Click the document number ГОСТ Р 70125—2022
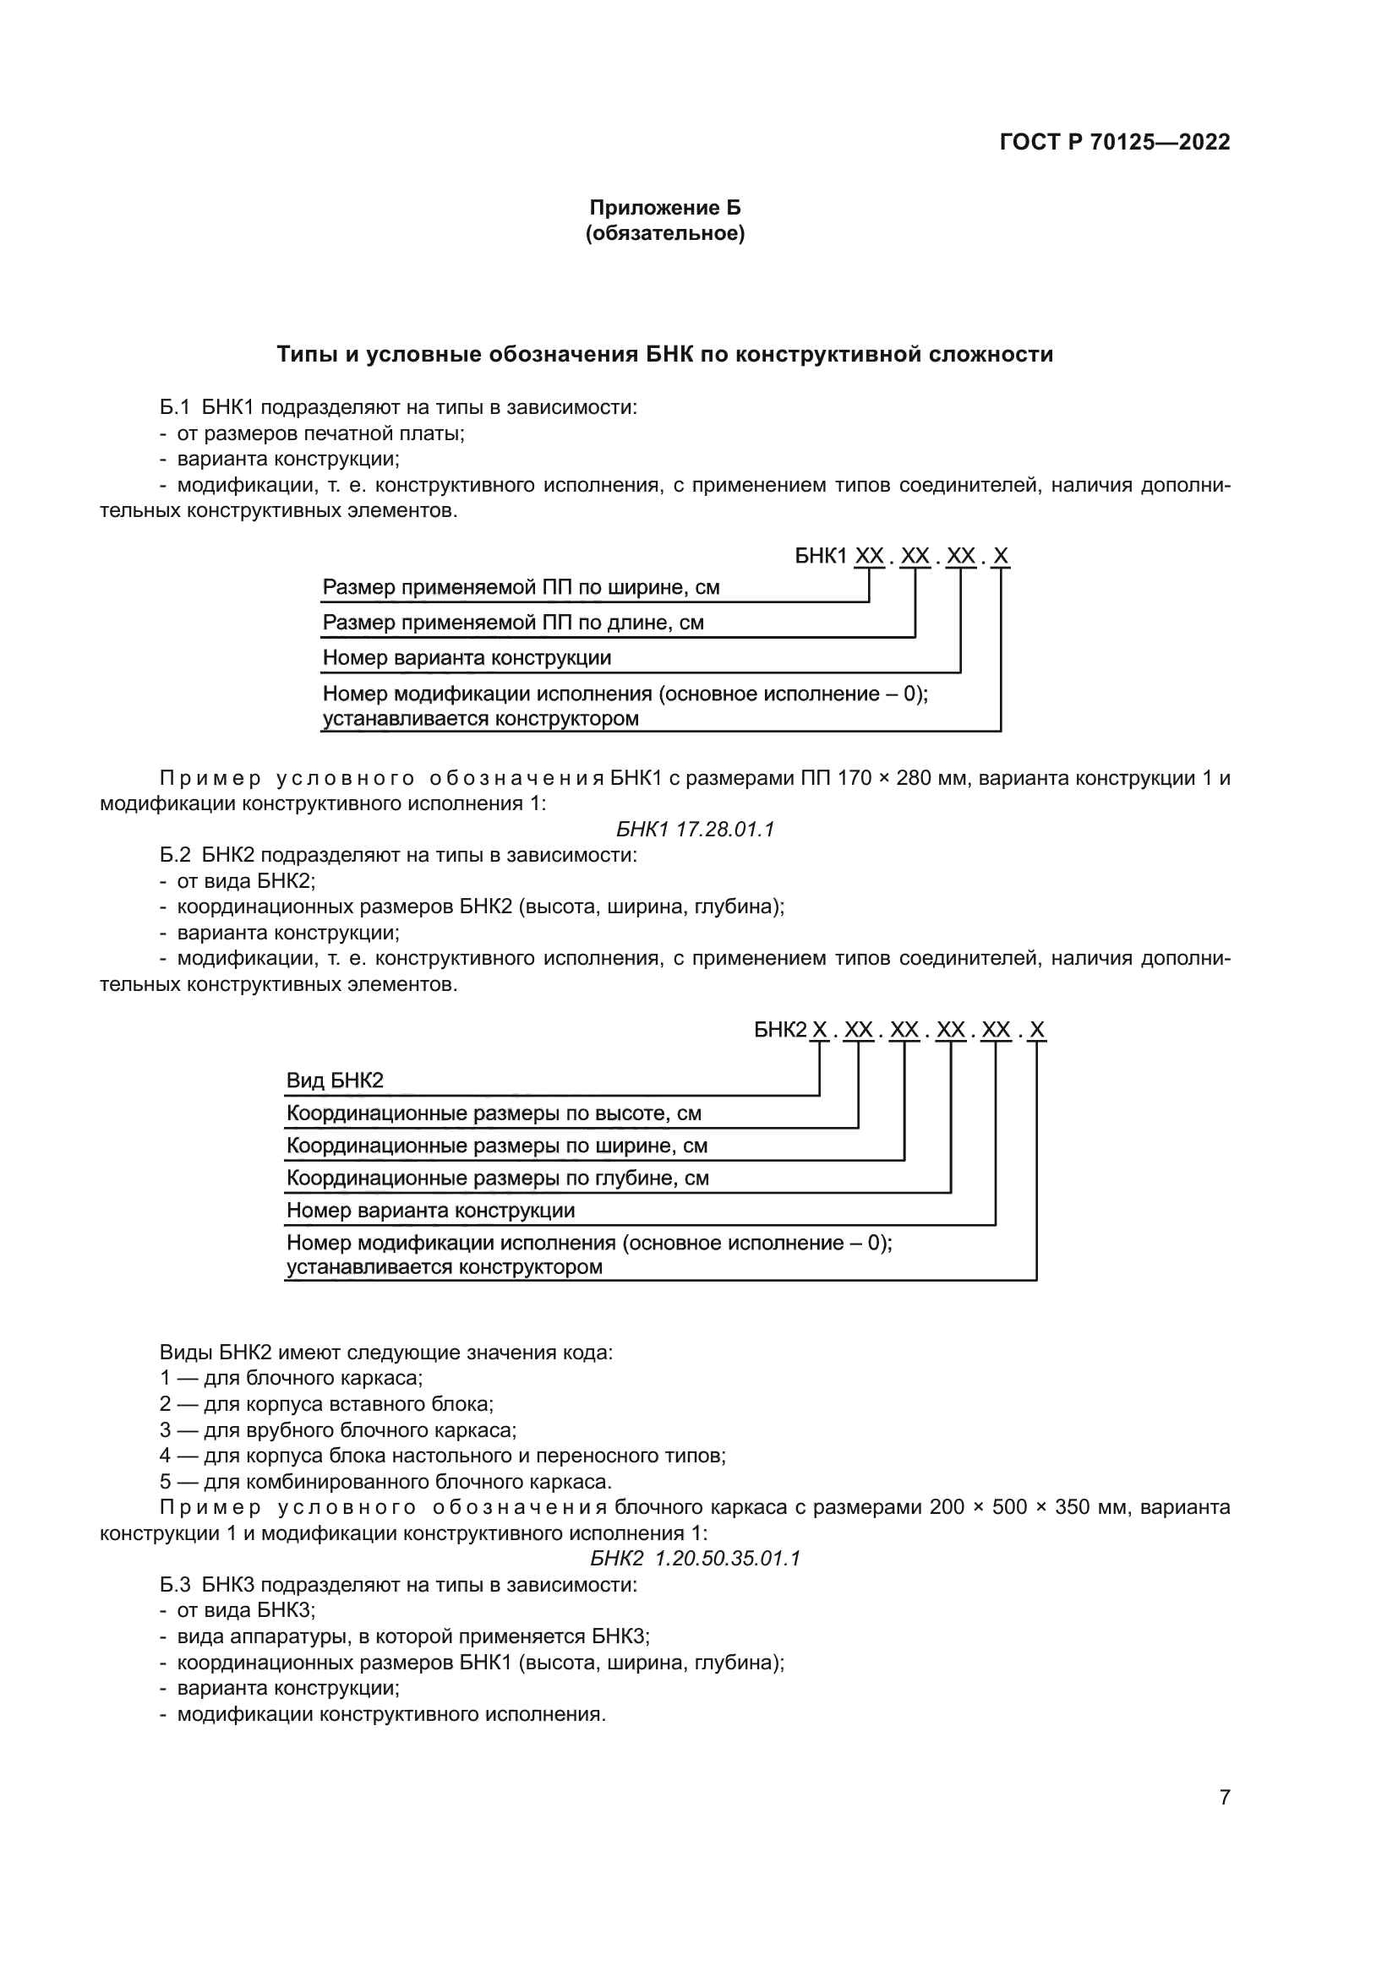pyautogui.click(x=1114, y=142)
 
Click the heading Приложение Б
pyautogui.click(x=664, y=208)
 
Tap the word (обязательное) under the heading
pyautogui.click(x=664, y=233)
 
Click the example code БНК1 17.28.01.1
pyautogui.click(x=696, y=829)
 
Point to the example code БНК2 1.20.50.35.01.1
pyautogui.click(x=696, y=1559)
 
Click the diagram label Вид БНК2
pyautogui.click(x=335, y=1081)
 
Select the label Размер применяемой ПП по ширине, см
pyautogui.click(x=521, y=588)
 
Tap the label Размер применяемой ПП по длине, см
pyautogui.click(x=513, y=623)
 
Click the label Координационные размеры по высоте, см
pyautogui.click(x=494, y=1113)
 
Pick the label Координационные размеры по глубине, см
pyautogui.click(x=498, y=1179)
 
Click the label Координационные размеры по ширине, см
pyautogui.click(x=497, y=1146)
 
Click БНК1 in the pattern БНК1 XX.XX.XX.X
pyautogui.click(x=822, y=556)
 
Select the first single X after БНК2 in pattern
pyautogui.click(x=820, y=1029)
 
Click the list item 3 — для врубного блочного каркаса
pyautogui.click(x=337, y=1430)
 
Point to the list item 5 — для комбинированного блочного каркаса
pyautogui.click(x=385, y=1482)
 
